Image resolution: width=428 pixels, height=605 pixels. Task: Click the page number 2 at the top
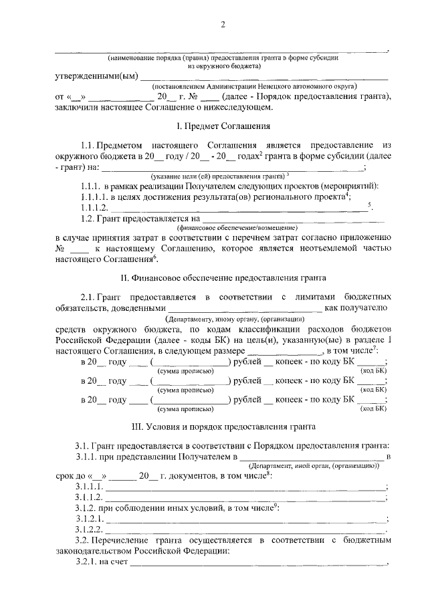pyautogui.click(x=223, y=25)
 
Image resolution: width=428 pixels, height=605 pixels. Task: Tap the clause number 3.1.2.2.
pyautogui.click(x=90, y=529)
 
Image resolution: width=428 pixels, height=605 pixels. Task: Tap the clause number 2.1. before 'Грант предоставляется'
pyautogui.click(x=88, y=296)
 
